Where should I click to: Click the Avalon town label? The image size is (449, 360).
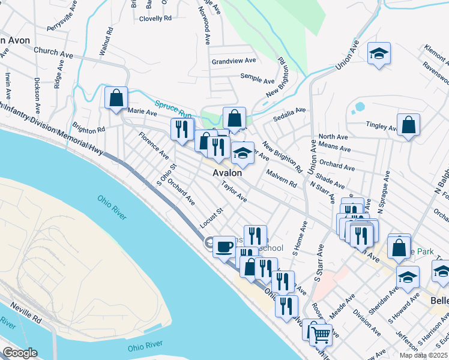228,173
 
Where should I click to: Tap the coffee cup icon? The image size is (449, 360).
224,246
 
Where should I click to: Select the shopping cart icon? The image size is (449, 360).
322,335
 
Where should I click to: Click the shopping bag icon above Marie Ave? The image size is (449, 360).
116,98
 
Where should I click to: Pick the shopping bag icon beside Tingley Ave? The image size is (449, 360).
408,125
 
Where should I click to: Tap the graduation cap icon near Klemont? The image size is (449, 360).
379,54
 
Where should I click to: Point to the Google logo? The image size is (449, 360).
19,353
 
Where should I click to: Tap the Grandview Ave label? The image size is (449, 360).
234,61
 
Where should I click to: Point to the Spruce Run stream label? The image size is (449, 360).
173,109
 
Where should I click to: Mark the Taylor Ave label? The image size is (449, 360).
234,191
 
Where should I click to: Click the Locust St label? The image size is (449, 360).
211,218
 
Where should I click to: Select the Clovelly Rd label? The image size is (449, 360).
155,19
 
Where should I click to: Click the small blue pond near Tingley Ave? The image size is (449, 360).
360,107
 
